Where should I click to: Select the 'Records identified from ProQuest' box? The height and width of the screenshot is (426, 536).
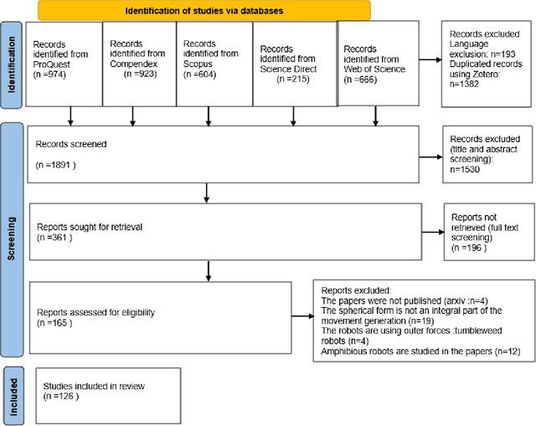tap(64, 63)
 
